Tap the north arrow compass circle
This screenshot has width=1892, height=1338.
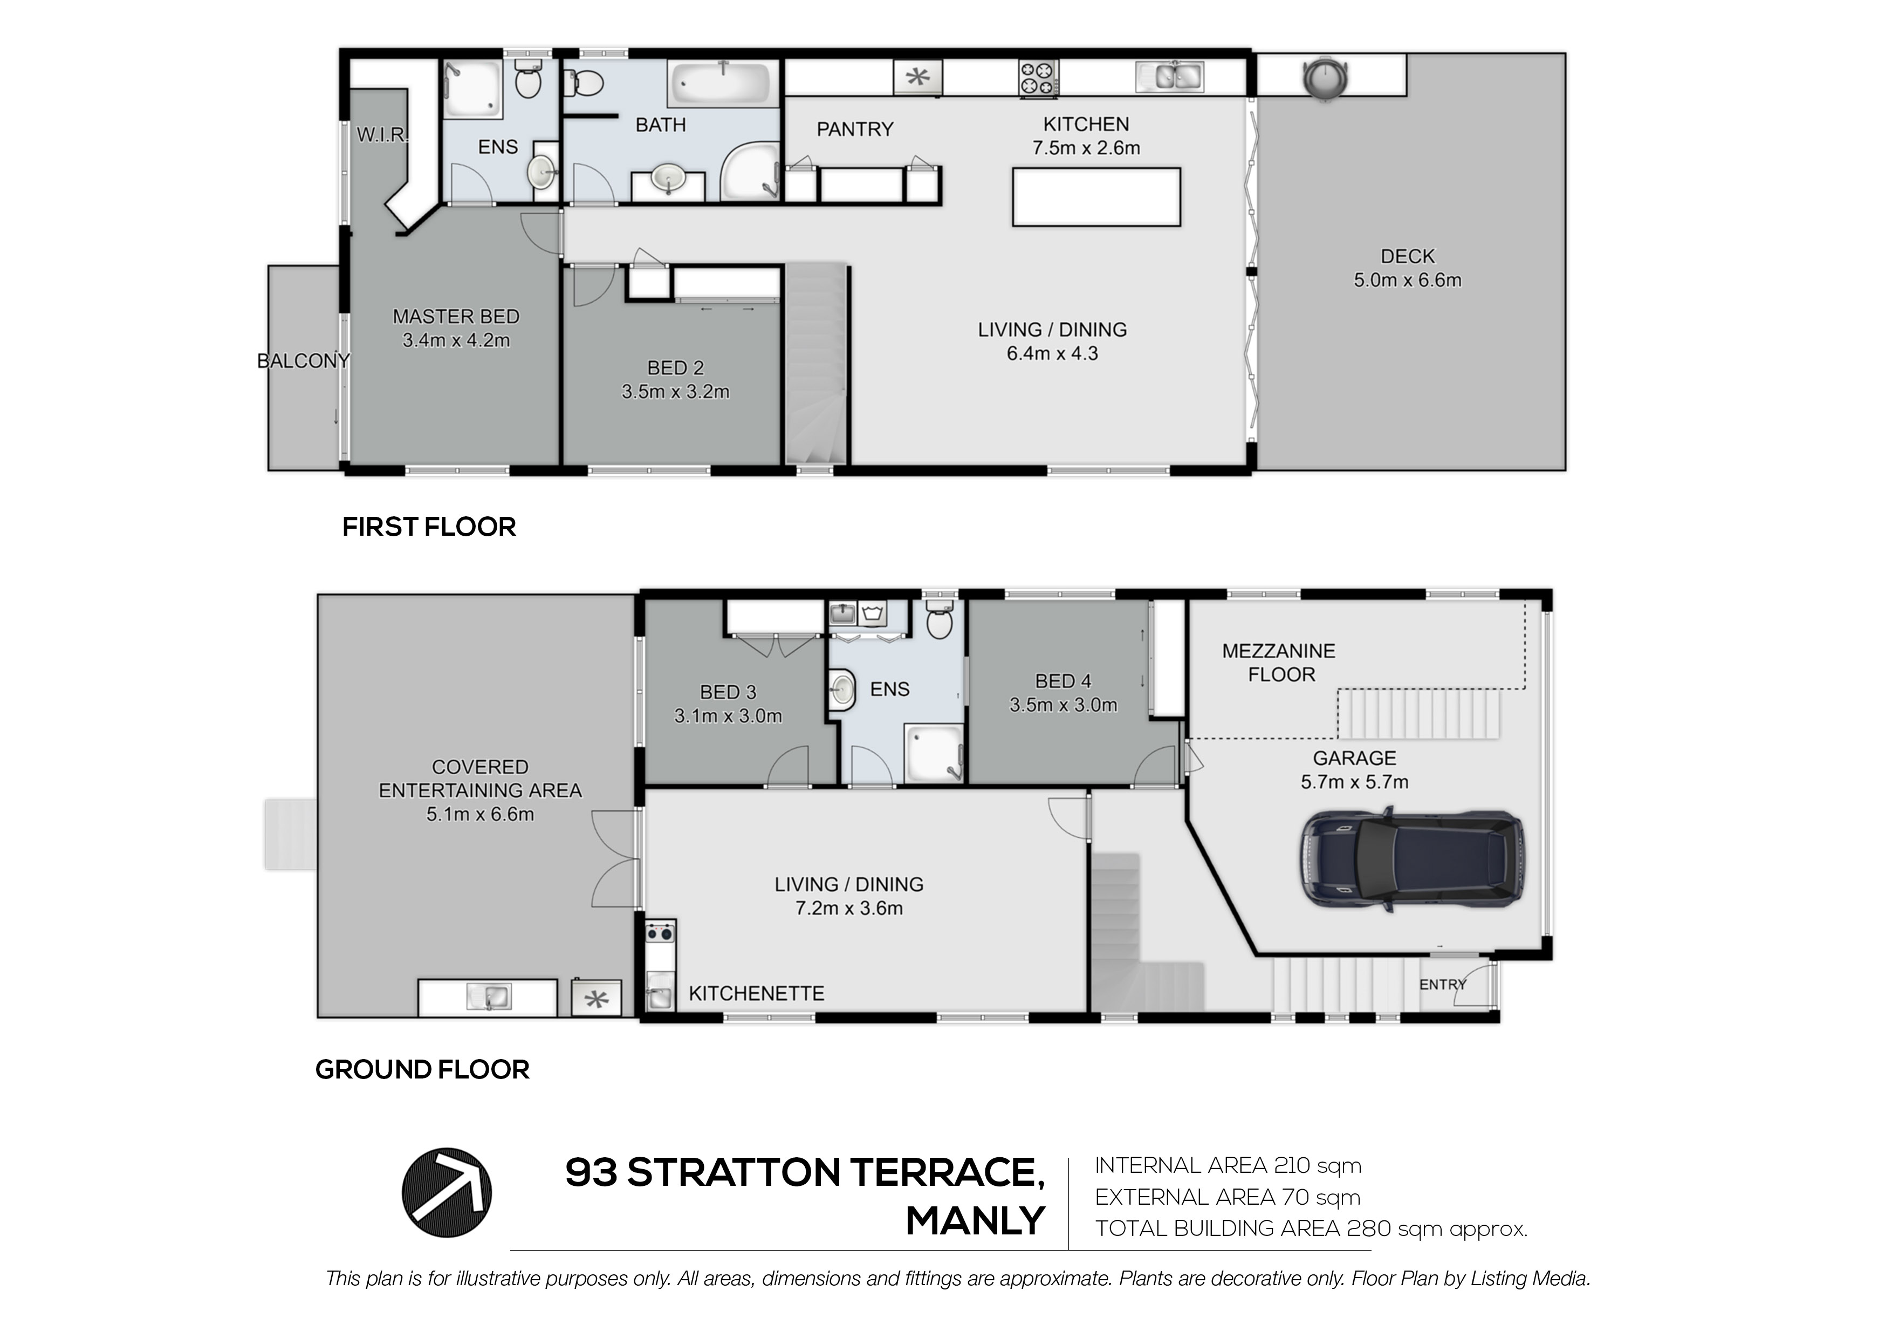[447, 1193]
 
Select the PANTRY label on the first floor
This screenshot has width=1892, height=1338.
[854, 129]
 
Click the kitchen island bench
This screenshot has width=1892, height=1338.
[1096, 196]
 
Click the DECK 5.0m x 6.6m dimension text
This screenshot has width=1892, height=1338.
[1408, 281]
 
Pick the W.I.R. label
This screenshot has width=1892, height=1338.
[381, 135]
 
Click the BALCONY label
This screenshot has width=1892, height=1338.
[303, 361]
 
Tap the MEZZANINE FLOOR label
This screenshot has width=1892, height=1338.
[1279, 663]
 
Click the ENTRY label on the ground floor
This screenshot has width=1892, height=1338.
[1442, 984]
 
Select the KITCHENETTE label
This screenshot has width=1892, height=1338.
[757, 993]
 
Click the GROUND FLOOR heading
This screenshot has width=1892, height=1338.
[422, 1069]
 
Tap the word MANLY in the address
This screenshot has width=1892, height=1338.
[976, 1221]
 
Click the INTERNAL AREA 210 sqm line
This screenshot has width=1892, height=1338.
[1228, 1166]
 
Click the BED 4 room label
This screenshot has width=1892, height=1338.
[1063, 681]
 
